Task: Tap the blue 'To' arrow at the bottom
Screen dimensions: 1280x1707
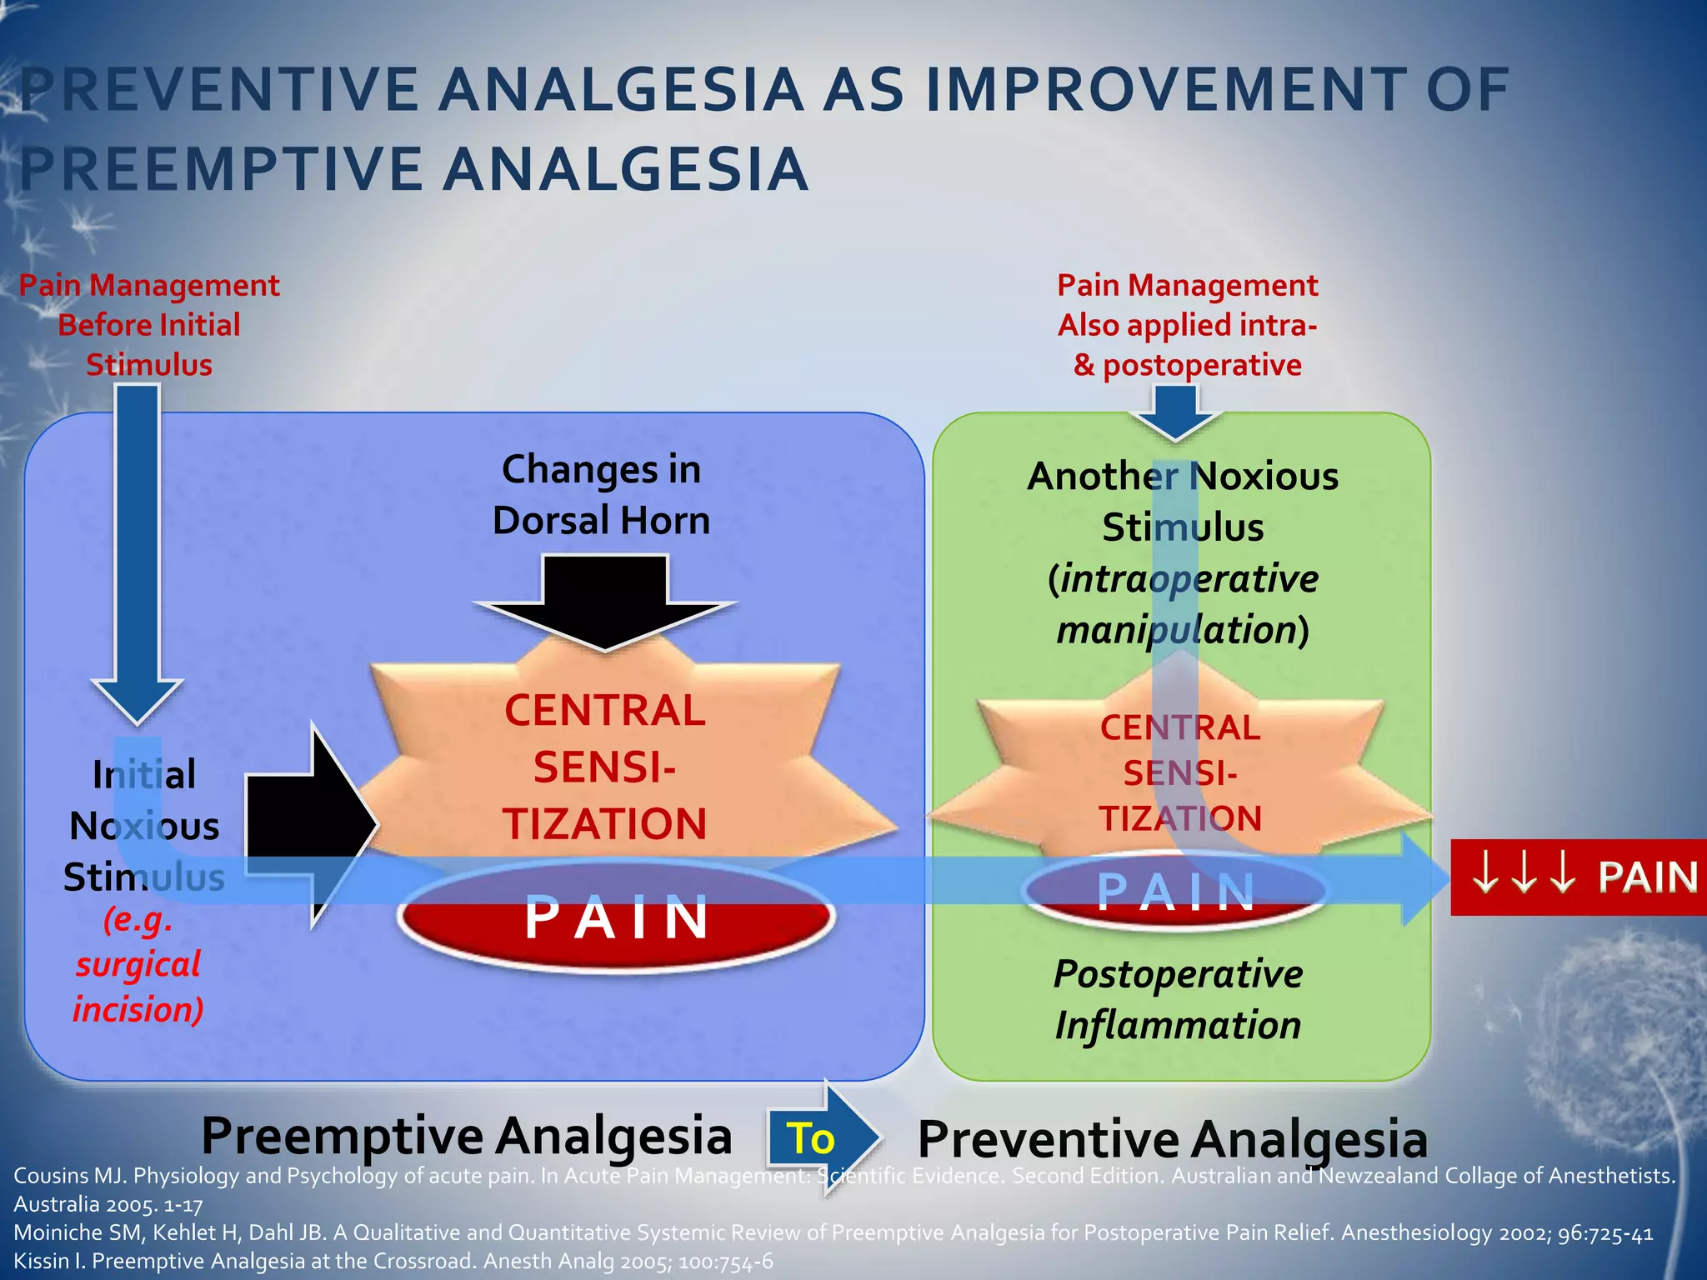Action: pyautogui.click(x=820, y=1137)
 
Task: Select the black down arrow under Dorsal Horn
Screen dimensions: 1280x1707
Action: pyautogui.click(x=605, y=602)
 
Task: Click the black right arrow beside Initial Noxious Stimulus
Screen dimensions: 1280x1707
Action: pyautogui.click(x=309, y=825)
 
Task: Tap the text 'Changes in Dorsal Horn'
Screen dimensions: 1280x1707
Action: pyautogui.click(x=601, y=495)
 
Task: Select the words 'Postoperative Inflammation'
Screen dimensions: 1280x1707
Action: pyautogui.click(x=1178, y=999)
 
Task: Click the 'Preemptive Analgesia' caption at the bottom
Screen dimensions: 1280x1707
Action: pyautogui.click(x=467, y=1136)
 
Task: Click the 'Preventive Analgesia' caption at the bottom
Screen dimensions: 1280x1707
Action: pyautogui.click(x=1172, y=1139)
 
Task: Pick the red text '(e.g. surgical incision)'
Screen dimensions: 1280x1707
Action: pyautogui.click(x=138, y=965)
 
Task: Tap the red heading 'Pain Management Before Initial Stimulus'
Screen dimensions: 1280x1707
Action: pyautogui.click(x=149, y=325)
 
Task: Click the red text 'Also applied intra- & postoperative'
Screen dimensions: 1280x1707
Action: pyautogui.click(x=1187, y=345)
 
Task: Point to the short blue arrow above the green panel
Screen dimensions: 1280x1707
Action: pyautogui.click(x=1175, y=412)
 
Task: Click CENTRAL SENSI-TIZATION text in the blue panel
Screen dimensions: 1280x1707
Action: pyautogui.click(x=605, y=767)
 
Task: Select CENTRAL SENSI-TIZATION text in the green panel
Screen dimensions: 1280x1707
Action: pyautogui.click(x=1179, y=773)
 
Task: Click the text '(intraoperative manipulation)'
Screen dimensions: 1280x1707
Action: pyautogui.click(x=1183, y=604)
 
